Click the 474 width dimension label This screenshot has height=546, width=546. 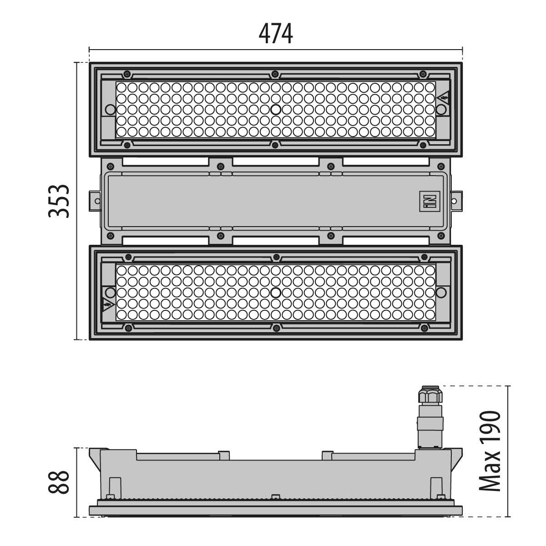[x=275, y=34]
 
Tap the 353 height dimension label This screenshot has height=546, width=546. [x=59, y=201]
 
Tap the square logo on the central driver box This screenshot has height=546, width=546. [x=430, y=201]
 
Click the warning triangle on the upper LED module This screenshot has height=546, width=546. [x=444, y=98]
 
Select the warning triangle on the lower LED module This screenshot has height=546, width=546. [x=108, y=304]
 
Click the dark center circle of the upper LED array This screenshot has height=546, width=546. [x=275, y=110]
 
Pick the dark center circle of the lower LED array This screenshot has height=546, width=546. [x=275, y=293]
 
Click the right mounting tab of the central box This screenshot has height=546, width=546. [x=456, y=201]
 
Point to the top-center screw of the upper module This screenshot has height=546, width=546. [x=275, y=74]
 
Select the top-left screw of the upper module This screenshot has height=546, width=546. [x=127, y=74]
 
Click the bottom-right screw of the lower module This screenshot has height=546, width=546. [x=424, y=328]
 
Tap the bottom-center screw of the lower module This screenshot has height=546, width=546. [x=276, y=328]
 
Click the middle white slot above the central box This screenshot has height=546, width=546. [x=275, y=161]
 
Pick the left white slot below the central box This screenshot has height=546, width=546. [x=166, y=241]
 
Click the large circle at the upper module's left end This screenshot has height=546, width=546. [x=110, y=110]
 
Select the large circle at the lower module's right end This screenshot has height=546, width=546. [x=441, y=293]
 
